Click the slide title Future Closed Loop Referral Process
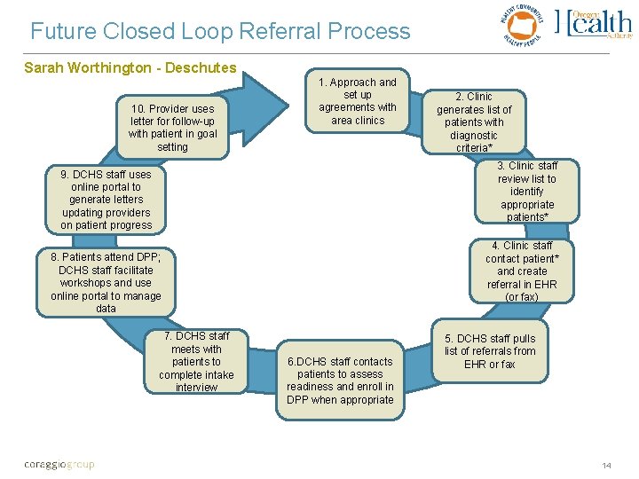point(220,32)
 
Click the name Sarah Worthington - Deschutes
point(130,67)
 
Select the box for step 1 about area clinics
point(358,101)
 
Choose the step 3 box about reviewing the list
point(526,192)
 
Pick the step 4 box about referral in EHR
point(521,271)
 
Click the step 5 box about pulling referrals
point(490,352)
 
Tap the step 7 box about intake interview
point(196,362)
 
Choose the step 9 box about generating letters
point(106,200)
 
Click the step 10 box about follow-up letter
point(172,128)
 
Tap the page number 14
point(606,466)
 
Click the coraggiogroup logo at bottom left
point(59,465)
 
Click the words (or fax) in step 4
point(521,297)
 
